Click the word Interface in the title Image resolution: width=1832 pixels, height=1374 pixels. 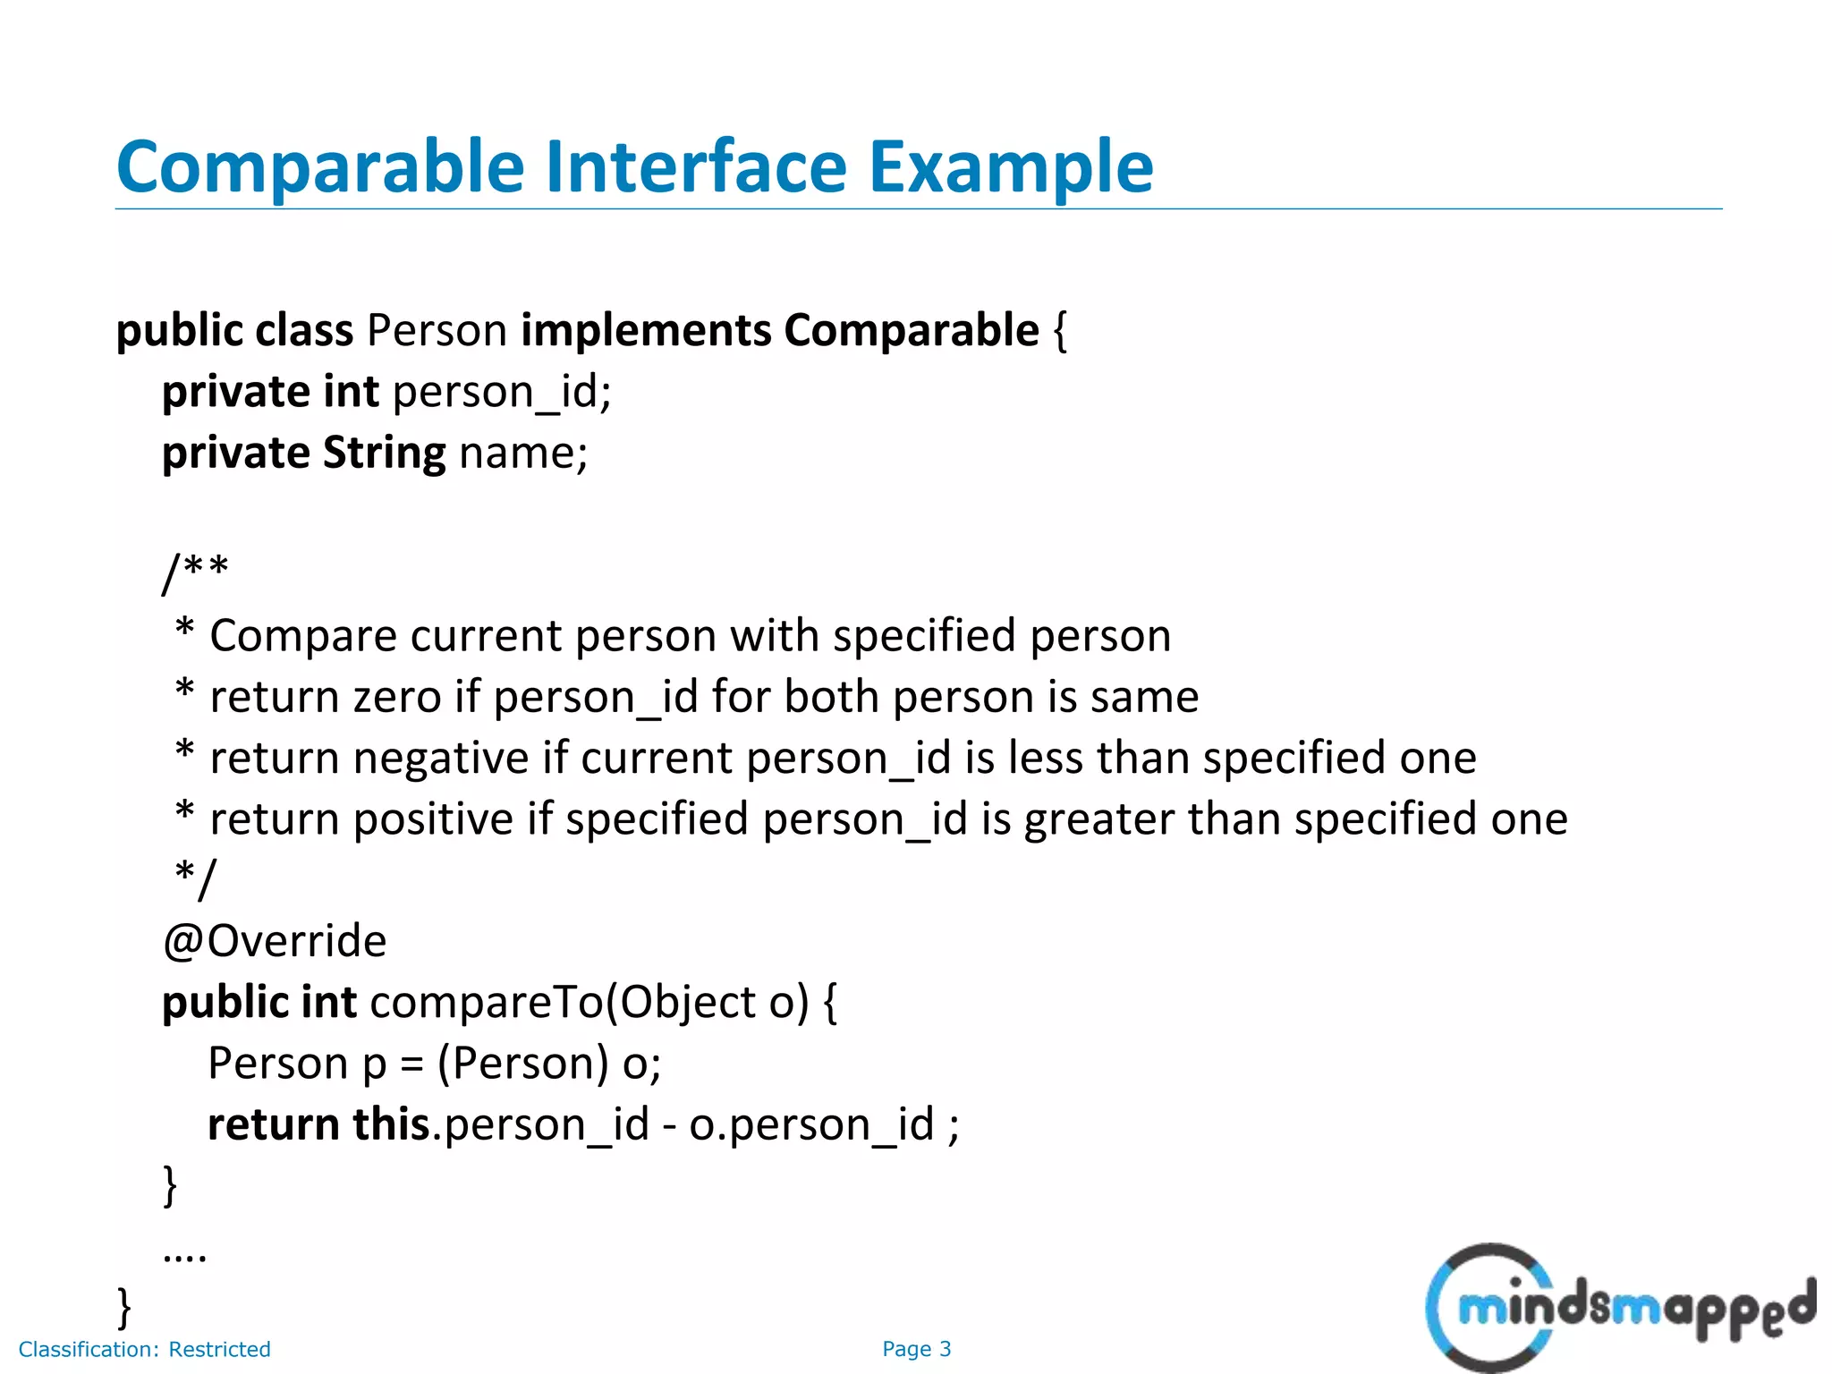coord(696,167)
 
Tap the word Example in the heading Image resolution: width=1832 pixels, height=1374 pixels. coord(1011,167)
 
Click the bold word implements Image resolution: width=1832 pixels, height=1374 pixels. coord(646,331)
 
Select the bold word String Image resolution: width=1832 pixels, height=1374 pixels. coord(384,454)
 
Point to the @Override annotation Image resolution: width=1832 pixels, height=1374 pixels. coord(275,942)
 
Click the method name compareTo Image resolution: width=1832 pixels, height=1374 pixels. coord(487,1003)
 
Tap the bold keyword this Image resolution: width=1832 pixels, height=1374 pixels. coord(391,1124)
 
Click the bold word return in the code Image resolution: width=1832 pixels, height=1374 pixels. coord(273,1124)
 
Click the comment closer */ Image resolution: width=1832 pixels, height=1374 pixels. coord(196,878)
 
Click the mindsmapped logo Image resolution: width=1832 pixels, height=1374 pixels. coord(1619,1307)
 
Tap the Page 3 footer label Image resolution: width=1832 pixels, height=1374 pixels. coord(916,1349)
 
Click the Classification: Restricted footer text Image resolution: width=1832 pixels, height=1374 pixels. coord(144,1349)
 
